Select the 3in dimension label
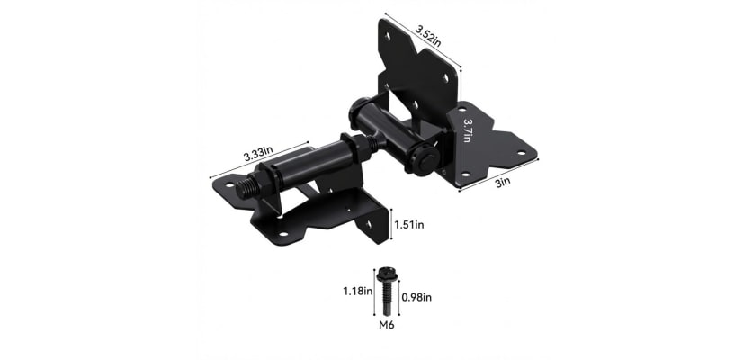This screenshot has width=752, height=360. [503, 181]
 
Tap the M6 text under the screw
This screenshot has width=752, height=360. [385, 325]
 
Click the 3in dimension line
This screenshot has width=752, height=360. [500, 174]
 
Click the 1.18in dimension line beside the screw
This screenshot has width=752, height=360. [373, 290]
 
